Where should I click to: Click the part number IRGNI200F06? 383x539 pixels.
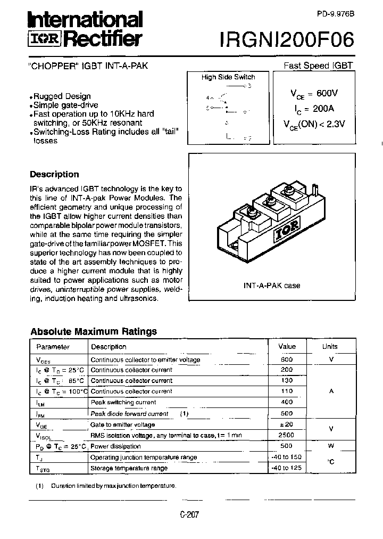click(286, 38)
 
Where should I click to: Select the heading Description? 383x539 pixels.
click(54, 174)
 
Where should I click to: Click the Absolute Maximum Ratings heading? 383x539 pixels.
click(94, 331)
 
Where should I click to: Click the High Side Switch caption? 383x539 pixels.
click(228, 77)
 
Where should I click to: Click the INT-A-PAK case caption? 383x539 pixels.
click(271, 285)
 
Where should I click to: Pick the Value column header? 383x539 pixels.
click(287, 346)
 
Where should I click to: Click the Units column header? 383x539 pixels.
click(330, 346)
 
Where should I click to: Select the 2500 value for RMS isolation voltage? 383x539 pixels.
click(287, 435)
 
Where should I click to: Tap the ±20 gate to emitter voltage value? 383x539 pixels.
click(287, 424)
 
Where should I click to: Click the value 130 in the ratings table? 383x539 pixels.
click(287, 381)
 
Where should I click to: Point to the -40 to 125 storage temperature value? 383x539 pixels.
click(287, 468)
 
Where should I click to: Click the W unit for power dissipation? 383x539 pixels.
click(330, 446)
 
